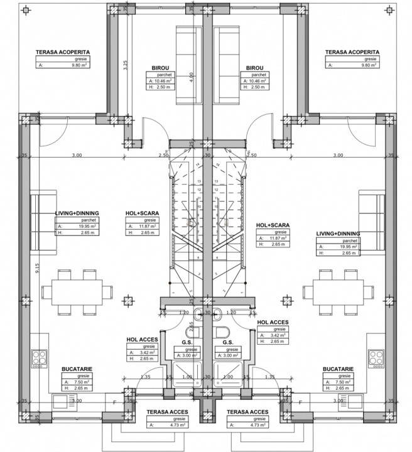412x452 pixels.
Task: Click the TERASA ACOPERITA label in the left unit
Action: (62, 53)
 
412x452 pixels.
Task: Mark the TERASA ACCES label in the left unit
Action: (165, 412)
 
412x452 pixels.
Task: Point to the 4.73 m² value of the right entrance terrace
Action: (253, 425)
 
